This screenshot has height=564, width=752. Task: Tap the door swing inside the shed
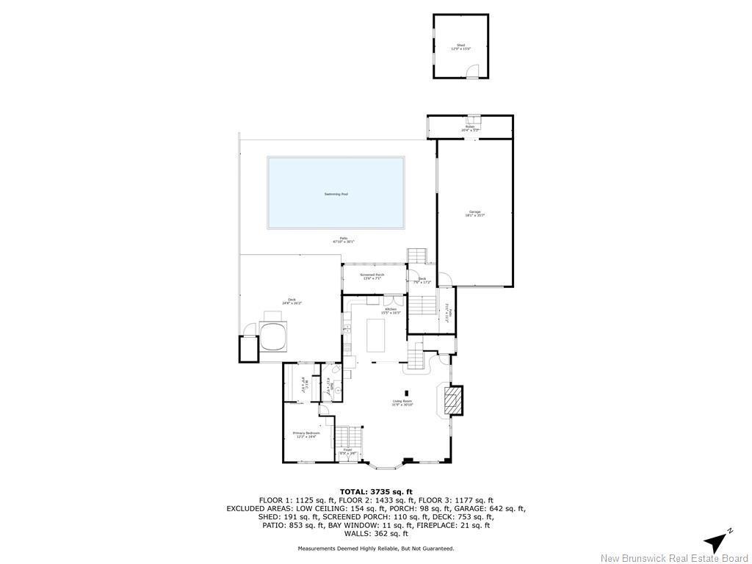(474, 70)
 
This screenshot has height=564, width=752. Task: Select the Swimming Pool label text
(336, 194)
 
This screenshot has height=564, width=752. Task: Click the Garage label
(474, 214)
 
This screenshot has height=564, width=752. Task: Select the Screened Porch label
(372, 276)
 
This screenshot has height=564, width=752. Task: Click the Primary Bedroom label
(306, 434)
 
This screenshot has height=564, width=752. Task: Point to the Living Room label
(402, 402)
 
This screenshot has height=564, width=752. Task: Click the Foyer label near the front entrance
(347, 451)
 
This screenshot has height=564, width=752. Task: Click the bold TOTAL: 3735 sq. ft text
(376, 491)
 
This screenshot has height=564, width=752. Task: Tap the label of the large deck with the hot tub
(292, 301)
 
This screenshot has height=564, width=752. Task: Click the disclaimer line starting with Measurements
(376, 548)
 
